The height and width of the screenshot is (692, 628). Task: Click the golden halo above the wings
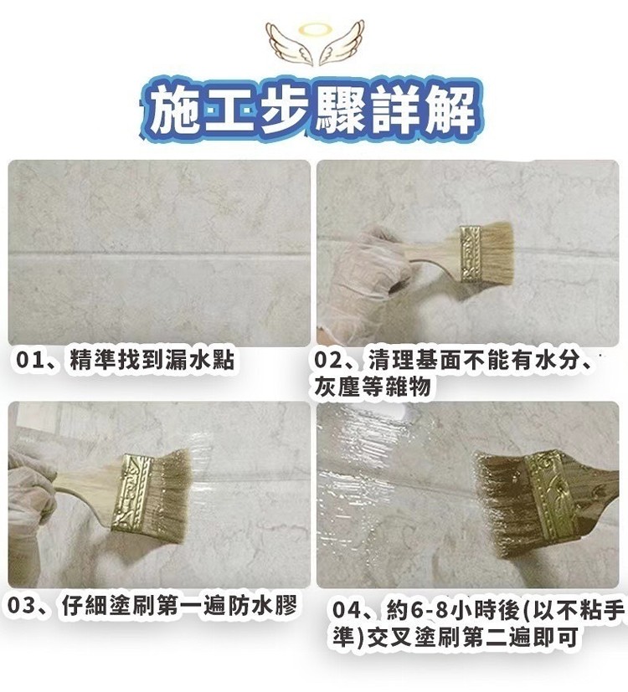[315, 29]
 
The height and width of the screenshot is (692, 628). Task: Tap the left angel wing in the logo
[288, 44]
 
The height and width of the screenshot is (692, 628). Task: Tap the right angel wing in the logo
[341, 43]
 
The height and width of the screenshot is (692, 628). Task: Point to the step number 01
[29, 360]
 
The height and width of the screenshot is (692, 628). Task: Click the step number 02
[328, 361]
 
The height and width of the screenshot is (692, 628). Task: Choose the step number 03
[21, 606]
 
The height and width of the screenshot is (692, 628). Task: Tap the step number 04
[346, 611]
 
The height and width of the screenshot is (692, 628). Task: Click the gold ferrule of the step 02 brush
[471, 254]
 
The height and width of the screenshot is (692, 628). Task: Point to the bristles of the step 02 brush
[497, 252]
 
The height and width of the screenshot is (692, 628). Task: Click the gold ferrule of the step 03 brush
[131, 493]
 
